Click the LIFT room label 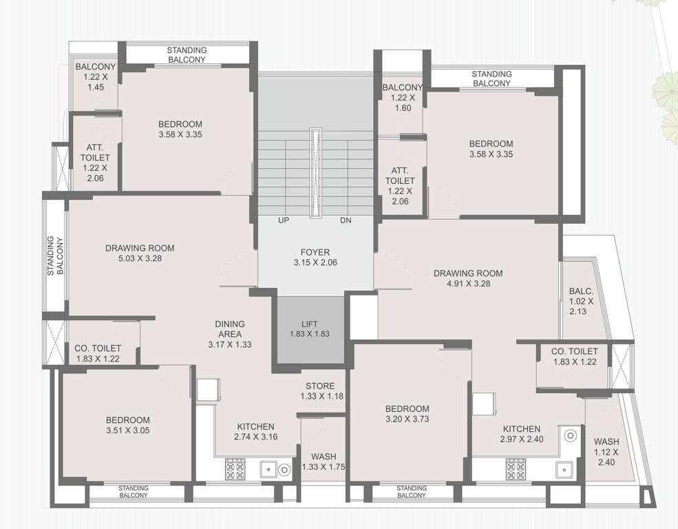[x=310, y=329]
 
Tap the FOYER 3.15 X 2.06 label [x=315, y=257]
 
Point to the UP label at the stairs [x=283, y=221]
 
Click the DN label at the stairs [x=346, y=221]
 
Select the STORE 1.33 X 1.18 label [x=321, y=391]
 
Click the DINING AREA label [x=229, y=333]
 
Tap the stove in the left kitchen [x=235, y=469]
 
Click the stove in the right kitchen [x=516, y=469]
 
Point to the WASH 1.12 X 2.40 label [x=606, y=453]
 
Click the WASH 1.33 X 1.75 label [x=324, y=461]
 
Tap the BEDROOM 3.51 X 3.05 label [x=127, y=425]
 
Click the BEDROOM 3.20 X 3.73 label [x=407, y=413]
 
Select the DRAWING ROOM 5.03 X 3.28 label [x=140, y=253]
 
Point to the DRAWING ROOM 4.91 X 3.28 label [x=468, y=278]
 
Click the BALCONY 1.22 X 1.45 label [x=96, y=77]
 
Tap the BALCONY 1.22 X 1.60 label [x=403, y=98]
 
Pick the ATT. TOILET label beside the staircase [x=400, y=186]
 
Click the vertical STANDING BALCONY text [x=55, y=256]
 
